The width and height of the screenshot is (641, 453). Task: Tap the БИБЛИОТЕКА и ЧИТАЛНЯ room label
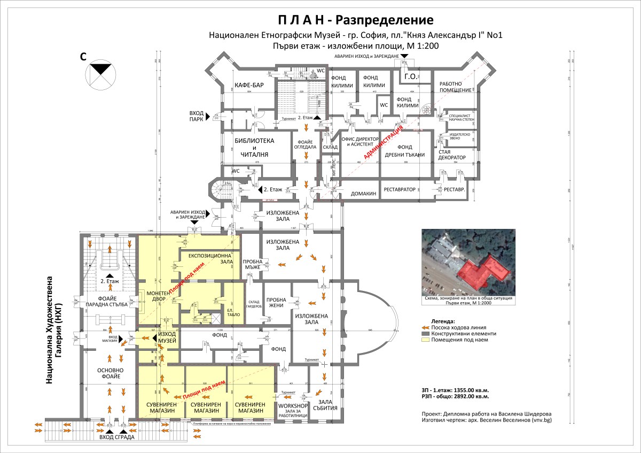point(254,147)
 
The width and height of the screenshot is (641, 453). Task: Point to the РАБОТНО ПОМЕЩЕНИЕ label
point(455,87)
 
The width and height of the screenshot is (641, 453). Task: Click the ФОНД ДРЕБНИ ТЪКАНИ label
point(403,150)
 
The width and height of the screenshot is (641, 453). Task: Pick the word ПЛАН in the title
point(299,20)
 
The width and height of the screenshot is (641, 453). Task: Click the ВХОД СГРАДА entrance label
point(117,437)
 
